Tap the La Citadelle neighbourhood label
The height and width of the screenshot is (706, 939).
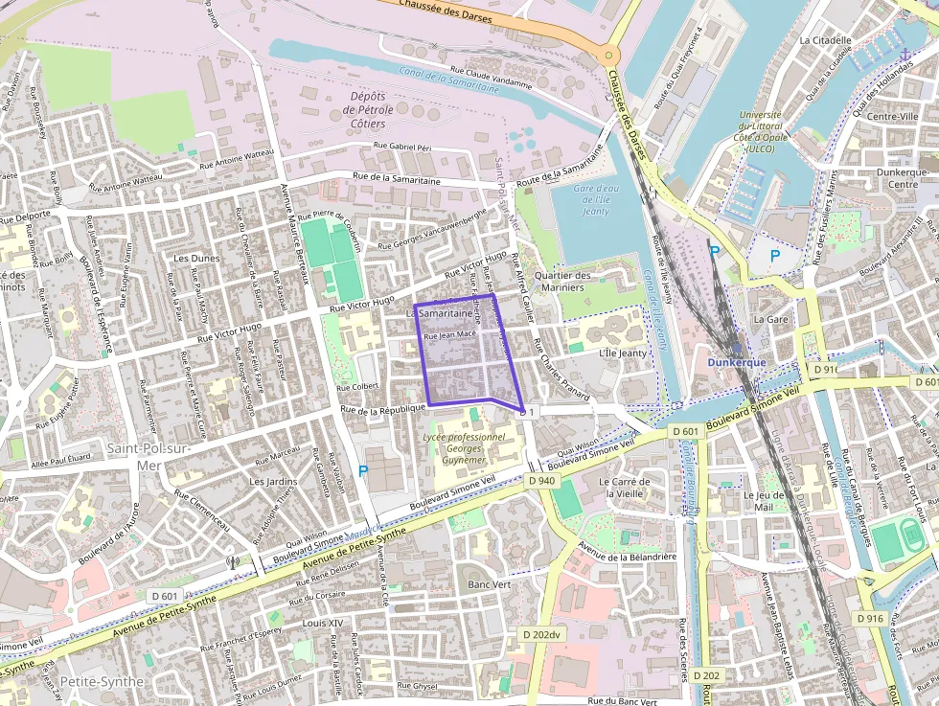[825, 40]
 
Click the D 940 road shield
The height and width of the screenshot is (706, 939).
[540, 480]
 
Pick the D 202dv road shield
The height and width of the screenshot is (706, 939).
[540, 634]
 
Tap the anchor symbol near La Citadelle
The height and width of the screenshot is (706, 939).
[905, 55]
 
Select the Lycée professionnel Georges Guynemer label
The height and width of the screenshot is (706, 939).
[464, 447]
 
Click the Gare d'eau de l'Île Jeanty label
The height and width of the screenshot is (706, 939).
[596, 199]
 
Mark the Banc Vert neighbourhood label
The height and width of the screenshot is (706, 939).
[488, 584]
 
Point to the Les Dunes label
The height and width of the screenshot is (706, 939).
[196, 259]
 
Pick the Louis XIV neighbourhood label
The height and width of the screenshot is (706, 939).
[322, 623]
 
